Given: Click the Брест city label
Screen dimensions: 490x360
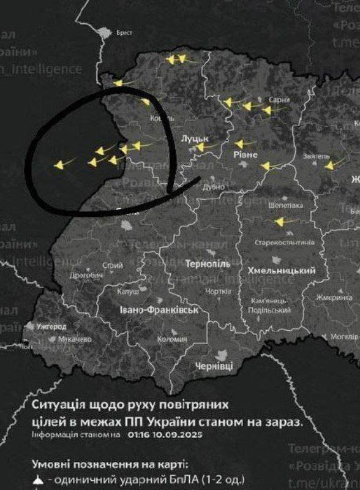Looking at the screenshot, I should [124, 33].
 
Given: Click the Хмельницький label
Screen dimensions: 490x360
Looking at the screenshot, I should [282, 271].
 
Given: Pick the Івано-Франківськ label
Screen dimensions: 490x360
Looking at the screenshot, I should [159, 311].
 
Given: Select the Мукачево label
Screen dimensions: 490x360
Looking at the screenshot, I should [75, 339].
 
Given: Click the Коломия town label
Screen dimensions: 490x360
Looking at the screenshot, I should [172, 339].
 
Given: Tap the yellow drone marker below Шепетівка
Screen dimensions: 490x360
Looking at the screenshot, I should [280, 222].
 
